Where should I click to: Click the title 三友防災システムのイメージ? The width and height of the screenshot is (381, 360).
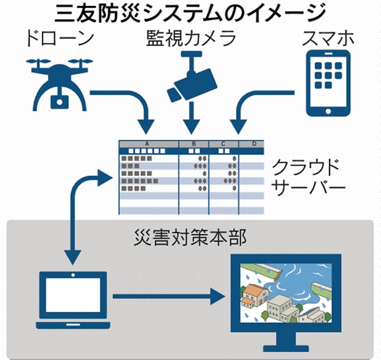[x=190, y=12]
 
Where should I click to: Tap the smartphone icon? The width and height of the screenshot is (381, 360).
[x=327, y=83]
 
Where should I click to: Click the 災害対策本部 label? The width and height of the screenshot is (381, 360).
[x=190, y=236]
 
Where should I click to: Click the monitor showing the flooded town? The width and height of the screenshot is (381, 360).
[x=285, y=296]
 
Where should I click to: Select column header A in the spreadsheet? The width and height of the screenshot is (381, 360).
[x=148, y=144]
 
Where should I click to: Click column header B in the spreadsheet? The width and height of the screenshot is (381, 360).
[x=194, y=144]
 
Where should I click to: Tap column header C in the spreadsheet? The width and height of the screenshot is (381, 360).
[x=223, y=144]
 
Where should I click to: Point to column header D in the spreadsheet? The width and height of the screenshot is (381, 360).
[x=253, y=144]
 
